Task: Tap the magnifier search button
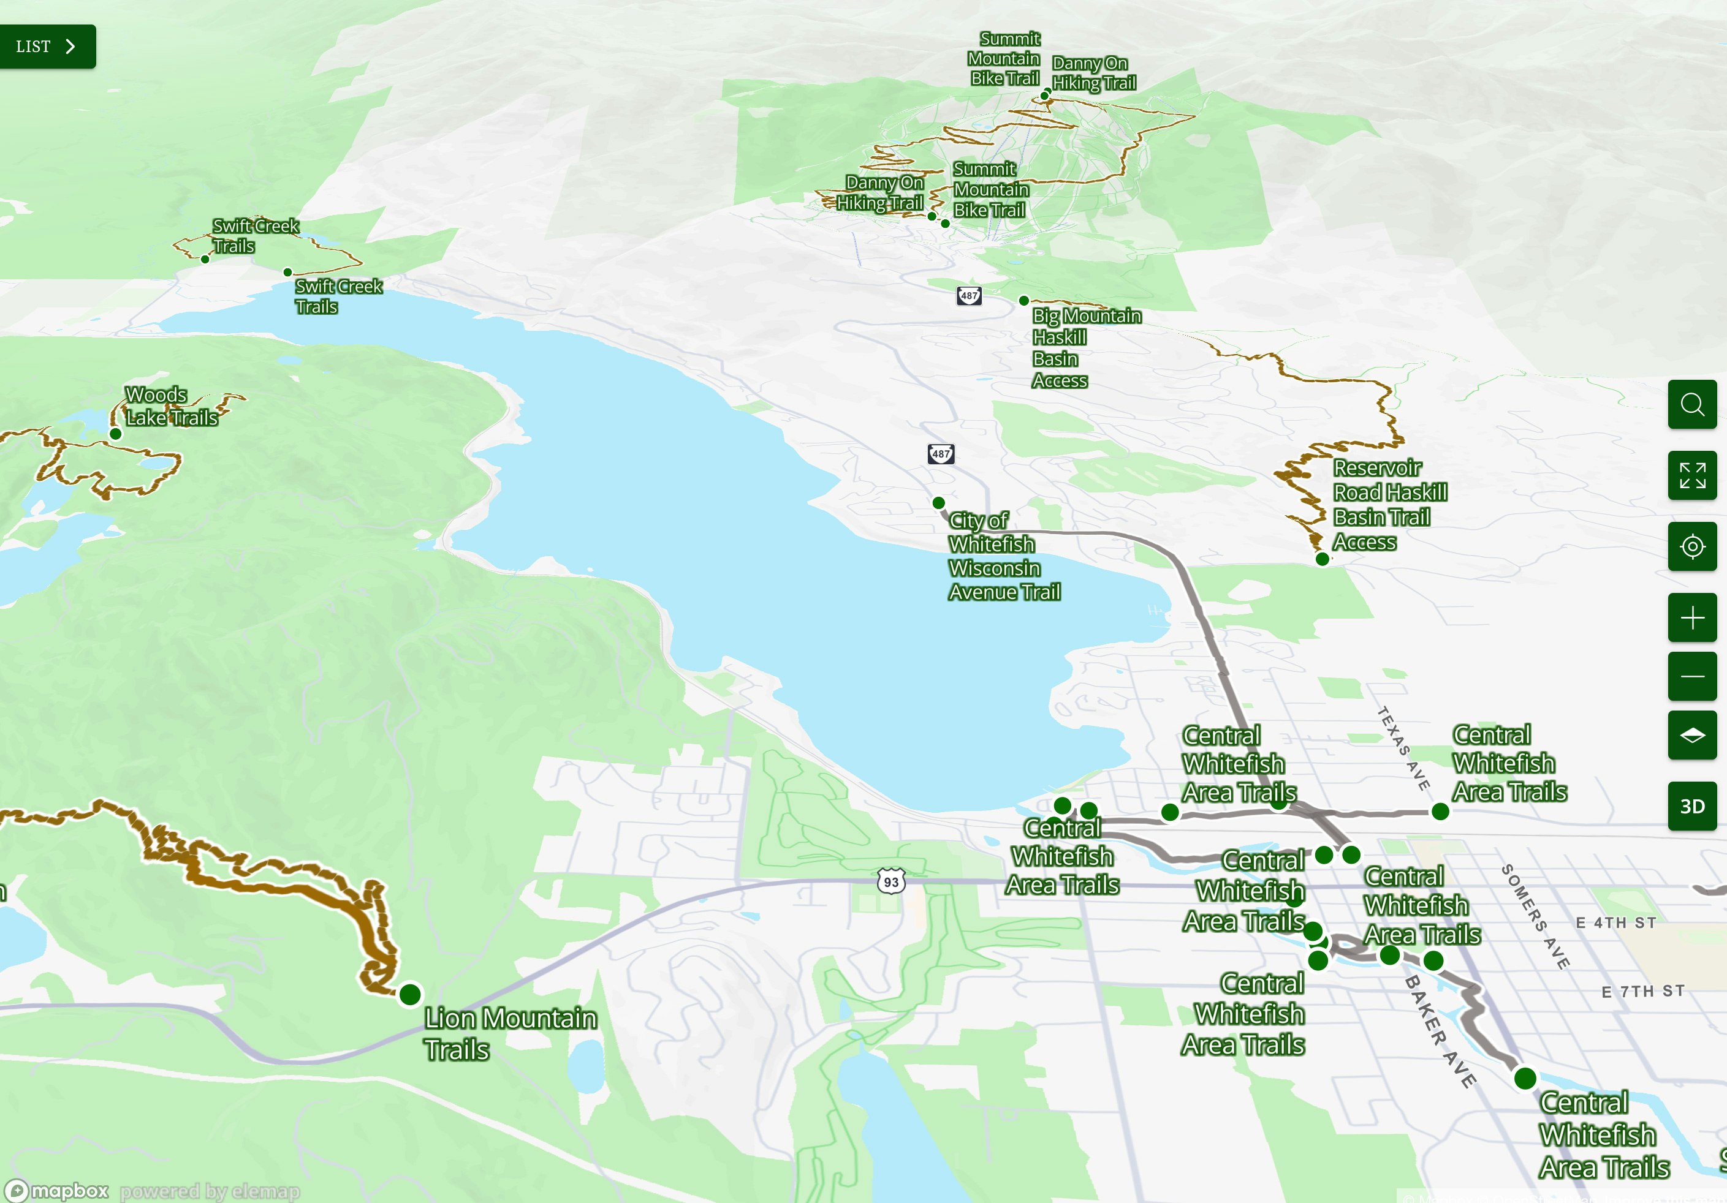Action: (x=1691, y=404)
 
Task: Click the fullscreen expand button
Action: (x=1691, y=475)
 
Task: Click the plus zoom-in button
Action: (x=1691, y=618)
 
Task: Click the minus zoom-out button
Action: (x=1691, y=676)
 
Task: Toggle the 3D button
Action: (x=1691, y=806)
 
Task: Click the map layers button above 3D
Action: (x=1691, y=734)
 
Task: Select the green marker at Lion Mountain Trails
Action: (x=410, y=995)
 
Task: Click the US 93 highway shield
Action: (x=890, y=881)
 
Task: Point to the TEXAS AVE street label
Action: (x=1403, y=748)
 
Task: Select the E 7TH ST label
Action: (x=1643, y=992)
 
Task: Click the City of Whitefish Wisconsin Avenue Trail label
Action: (x=1003, y=556)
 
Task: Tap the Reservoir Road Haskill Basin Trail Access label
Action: (x=1389, y=505)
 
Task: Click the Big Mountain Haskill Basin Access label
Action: (x=1085, y=347)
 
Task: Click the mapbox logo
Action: (x=59, y=1191)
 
